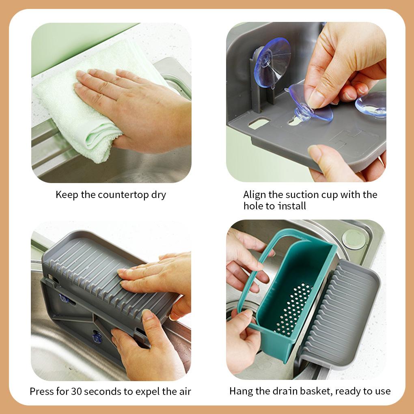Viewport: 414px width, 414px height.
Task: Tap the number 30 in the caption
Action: tap(77, 391)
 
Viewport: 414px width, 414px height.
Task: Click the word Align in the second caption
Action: tap(254, 194)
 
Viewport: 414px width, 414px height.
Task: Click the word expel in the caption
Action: tap(155, 391)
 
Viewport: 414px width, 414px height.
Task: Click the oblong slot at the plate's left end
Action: tap(259, 123)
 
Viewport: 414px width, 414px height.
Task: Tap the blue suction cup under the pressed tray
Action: tap(97, 336)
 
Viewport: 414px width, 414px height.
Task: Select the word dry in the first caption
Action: tap(159, 194)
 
